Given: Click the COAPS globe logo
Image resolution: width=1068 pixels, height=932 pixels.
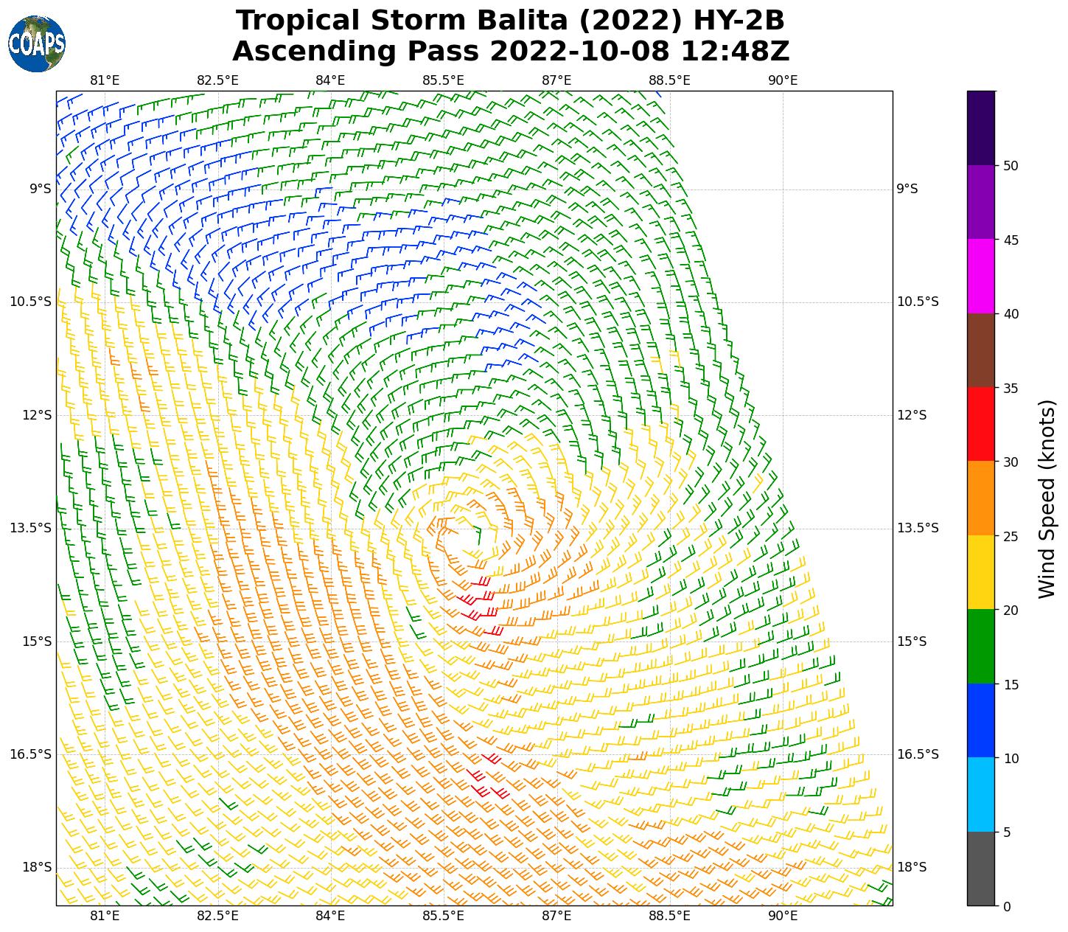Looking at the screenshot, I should click(36, 44).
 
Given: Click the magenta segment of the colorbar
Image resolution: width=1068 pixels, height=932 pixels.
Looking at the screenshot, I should click(981, 276).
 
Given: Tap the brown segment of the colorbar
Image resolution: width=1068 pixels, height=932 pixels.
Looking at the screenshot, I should click(981, 350).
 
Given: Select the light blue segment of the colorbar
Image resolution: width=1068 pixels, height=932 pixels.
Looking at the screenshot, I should click(981, 795).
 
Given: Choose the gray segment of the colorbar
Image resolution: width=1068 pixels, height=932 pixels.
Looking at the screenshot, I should click(981, 869).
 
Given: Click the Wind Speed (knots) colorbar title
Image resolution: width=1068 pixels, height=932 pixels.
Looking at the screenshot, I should click(1047, 498).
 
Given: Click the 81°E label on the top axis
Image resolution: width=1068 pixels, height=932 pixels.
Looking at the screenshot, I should click(105, 80).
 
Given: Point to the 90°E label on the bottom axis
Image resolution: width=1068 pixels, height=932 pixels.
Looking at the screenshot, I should click(783, 916).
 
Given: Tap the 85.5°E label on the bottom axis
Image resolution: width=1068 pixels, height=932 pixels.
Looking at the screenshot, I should click(444, 916).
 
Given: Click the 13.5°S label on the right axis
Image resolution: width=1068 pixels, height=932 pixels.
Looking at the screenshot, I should click(918, 528).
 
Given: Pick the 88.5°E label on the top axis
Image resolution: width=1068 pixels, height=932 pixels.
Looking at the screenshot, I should click(669, 80).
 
